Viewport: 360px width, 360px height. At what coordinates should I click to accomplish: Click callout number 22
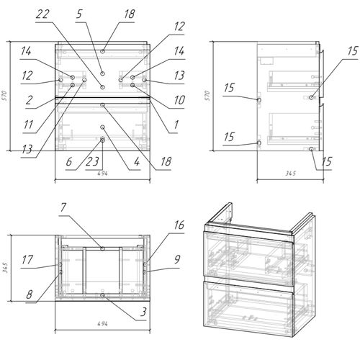click(42, 14)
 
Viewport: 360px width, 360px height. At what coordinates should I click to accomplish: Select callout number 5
click(79, 14)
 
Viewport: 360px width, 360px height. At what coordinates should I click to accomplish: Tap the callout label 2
click(29, 100)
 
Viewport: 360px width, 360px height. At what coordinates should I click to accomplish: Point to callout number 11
click(28, 125)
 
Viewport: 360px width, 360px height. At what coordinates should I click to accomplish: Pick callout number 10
click(179, 100)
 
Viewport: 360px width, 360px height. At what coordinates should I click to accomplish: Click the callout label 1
click(176, 125)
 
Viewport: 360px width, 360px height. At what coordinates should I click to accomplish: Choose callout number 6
click(69, 162)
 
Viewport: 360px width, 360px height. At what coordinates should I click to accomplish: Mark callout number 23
click(92, 162)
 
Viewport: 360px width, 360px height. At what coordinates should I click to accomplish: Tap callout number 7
click(63, 207)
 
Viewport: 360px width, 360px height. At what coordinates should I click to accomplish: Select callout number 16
click(179, 225)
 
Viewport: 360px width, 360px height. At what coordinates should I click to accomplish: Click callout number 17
click(27, 260)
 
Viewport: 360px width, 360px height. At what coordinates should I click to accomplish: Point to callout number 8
click(30, 294)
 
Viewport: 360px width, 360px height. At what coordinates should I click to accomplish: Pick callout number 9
click(177, 259)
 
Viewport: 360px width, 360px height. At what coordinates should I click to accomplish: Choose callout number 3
click(143, 312)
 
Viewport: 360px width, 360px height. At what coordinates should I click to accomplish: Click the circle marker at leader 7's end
click(103, 248)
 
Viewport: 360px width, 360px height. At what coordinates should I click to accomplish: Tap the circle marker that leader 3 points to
click(103, 295)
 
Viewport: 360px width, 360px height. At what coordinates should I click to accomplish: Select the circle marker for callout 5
click(103, 73)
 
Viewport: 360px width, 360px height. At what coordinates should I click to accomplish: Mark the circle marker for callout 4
click(103, 127)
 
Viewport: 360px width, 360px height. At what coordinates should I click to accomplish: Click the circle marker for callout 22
click(103, 87)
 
